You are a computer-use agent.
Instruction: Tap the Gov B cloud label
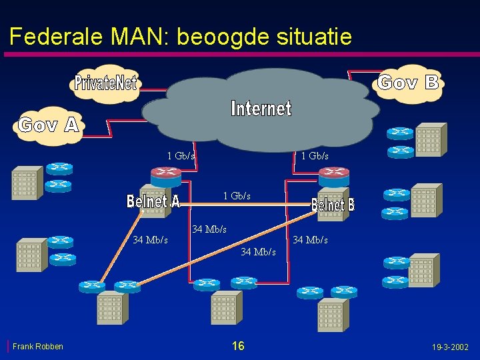pos(408,82)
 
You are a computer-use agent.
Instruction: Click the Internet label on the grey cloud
pos(261,108)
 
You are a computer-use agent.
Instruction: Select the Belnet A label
pos(153,201)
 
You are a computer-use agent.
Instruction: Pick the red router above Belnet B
pos(333,176)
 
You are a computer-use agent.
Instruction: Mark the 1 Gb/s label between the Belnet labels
pos(237,196)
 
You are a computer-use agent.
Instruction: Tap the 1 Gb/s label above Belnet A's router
pos(181,156)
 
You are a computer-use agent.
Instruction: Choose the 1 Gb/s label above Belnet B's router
pos(315,156)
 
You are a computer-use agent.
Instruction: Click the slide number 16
pos(238,345)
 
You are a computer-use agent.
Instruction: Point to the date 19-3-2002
pos(450,347)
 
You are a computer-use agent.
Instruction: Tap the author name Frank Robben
pos(38,346)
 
